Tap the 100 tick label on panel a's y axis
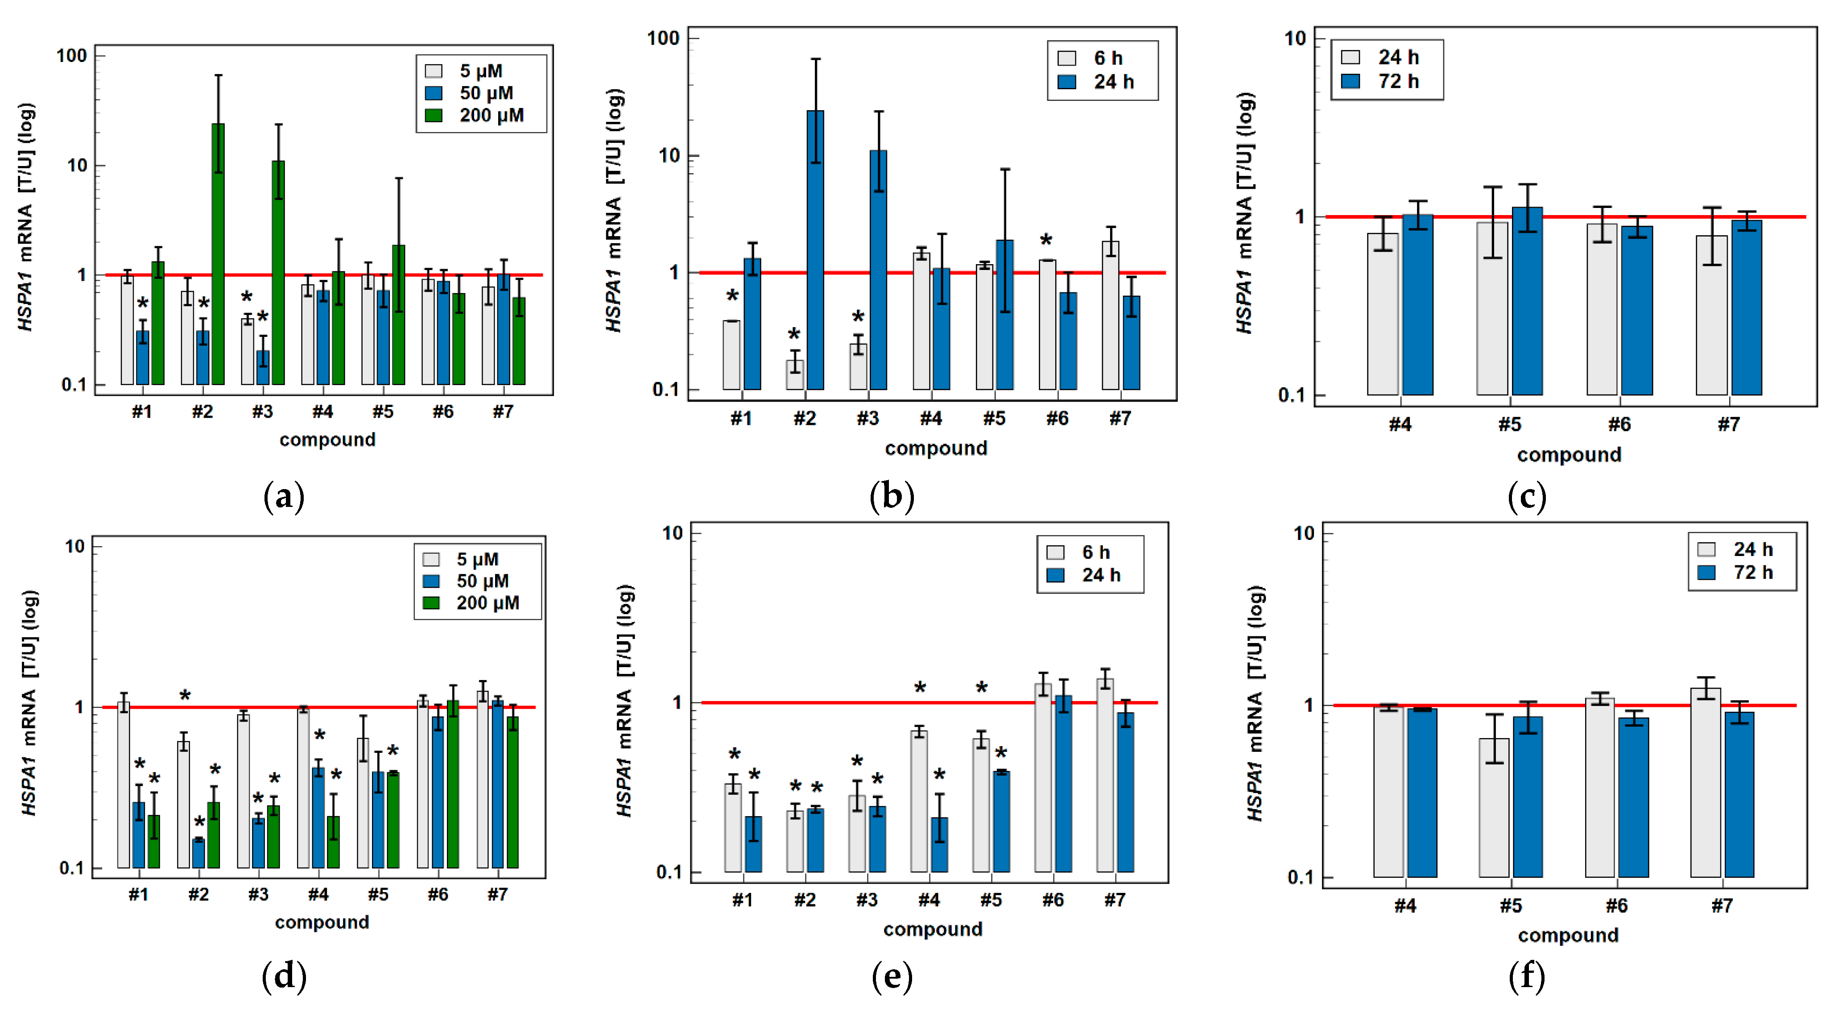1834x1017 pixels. pyautogui.click(x=71, y=55)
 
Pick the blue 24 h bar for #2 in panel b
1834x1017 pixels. pyautogui.click(x=815, y=249)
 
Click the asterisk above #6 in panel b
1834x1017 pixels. pyautogui.click(x=1046, y=241)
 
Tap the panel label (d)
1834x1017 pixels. pyautogui.click(x=284, y=976)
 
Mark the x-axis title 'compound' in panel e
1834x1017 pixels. pyautogui.click(x=933, y=930)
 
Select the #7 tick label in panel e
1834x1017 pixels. pyautogui.click(x=1115, y=900)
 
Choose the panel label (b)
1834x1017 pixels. pyautogui.click(x=892, y=496)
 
